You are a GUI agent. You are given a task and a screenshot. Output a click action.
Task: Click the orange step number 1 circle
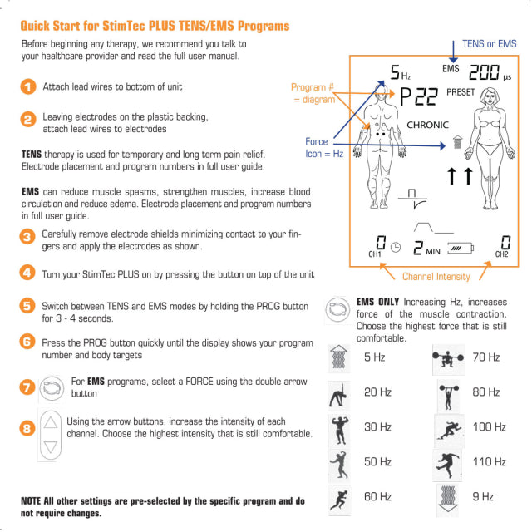[28, 86]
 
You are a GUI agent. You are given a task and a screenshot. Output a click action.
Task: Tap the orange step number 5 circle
[27, 306]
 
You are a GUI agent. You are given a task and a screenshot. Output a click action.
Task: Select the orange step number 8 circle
[27, 428]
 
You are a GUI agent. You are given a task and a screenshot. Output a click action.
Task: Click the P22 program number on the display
[419, 96]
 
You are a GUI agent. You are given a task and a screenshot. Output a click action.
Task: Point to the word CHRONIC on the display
[427, 125]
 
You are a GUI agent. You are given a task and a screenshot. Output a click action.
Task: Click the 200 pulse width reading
[484, 72]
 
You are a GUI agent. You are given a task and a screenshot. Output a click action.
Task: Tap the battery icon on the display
[461, 249]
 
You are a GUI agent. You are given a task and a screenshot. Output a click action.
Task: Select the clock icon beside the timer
[396, 248]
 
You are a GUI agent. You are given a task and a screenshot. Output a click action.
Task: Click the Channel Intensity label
[436, 277]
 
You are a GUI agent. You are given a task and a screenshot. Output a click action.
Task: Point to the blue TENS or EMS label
[490, 44]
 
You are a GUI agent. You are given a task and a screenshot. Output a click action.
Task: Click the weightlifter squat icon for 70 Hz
[448, 359]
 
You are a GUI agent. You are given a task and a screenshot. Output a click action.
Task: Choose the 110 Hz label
[490, 462]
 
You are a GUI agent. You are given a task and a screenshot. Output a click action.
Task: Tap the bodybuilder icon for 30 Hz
[340, 430]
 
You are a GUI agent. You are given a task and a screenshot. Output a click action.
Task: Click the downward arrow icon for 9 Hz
[448, 499]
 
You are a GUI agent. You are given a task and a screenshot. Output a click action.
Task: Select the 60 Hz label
[377, 497]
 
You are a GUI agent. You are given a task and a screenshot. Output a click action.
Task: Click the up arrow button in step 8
[51, 423]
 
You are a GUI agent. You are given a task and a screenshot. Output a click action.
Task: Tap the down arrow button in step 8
[51, 447]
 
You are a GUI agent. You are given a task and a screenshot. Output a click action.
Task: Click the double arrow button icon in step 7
[52, 388]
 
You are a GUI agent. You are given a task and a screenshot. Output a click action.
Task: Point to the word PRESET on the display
[461, 92]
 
